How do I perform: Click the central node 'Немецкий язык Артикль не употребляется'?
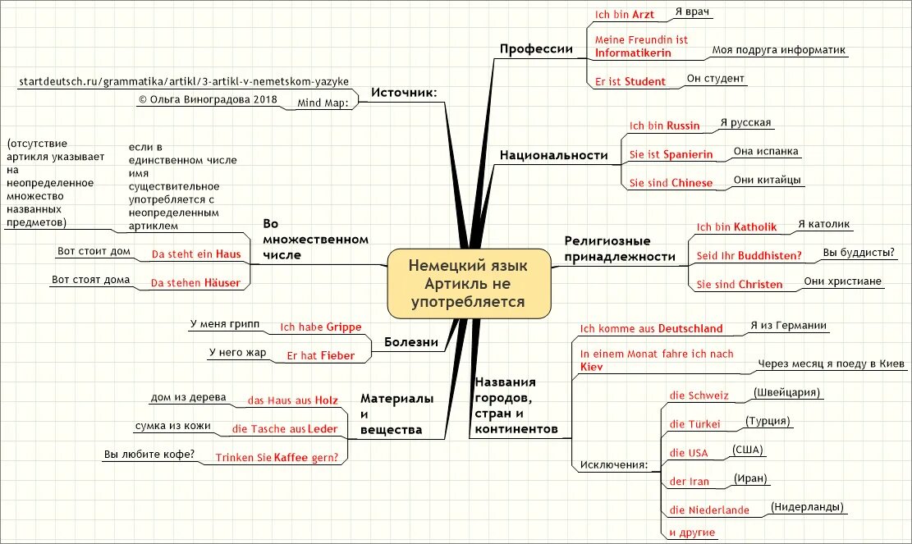469,284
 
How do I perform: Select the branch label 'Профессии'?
536,49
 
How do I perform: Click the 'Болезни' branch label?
410,342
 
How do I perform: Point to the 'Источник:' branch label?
403,93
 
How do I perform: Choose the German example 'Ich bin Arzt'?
625,14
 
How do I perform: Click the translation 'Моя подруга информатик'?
778,50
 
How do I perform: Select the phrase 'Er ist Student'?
630,81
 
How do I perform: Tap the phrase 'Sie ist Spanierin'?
671,154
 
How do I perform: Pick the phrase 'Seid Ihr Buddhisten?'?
749,255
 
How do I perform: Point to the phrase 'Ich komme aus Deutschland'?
651,328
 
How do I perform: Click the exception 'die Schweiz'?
699,395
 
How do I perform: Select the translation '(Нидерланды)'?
808,508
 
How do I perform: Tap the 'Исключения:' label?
613,465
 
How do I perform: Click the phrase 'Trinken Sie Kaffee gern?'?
277,457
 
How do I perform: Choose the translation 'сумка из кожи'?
172,427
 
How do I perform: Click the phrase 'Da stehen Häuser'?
195,283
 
